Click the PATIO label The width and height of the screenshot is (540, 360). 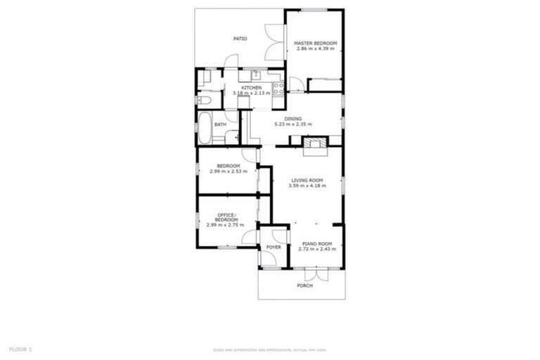click(240, 39)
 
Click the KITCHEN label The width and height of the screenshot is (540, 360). click(251, 88)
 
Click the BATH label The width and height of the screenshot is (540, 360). click(220, 125)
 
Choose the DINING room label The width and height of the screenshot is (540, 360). click(293, 119)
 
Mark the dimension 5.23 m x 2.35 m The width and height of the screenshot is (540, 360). click(293, 124)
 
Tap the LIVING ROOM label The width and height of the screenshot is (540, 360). click(307, 181)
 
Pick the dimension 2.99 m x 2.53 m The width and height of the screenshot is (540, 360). click(227, 171)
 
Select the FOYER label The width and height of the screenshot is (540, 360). click(273, 247)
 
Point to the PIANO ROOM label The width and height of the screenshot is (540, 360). click(316, 244)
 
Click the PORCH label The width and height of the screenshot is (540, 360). click(304, 285)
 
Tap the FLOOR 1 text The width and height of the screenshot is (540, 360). click(20, 349)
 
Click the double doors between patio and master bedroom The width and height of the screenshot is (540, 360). click(274, 42)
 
